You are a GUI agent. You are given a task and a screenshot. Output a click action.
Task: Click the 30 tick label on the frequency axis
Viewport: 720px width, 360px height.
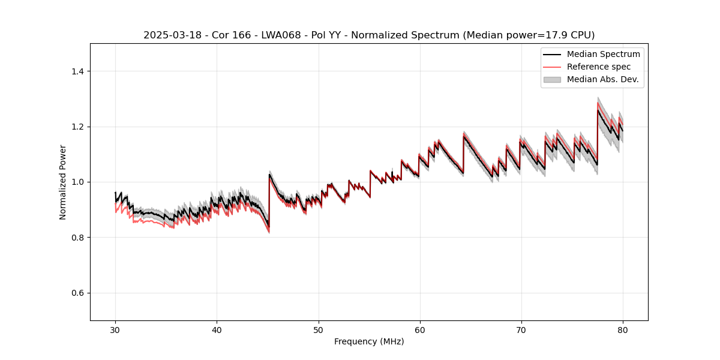116,329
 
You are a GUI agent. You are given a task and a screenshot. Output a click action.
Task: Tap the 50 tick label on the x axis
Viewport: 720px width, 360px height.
319,329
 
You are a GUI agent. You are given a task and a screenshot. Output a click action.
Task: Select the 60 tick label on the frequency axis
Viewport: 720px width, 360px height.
420,329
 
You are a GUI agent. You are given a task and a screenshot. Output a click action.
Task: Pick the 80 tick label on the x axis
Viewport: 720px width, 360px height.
623,329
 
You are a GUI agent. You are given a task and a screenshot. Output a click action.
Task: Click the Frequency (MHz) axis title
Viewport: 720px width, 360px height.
369,341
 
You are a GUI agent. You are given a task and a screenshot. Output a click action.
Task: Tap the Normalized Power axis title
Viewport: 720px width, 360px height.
63,182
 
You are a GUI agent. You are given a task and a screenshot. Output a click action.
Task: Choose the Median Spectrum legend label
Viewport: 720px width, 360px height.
603,54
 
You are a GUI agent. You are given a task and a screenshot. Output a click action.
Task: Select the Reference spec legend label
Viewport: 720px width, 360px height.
599,67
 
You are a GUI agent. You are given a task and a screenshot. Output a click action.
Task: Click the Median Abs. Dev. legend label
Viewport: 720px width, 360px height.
602,79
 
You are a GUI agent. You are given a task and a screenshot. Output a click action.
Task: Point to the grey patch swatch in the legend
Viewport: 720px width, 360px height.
552,79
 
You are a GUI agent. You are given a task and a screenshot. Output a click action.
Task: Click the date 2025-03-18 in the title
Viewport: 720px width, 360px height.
169,35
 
